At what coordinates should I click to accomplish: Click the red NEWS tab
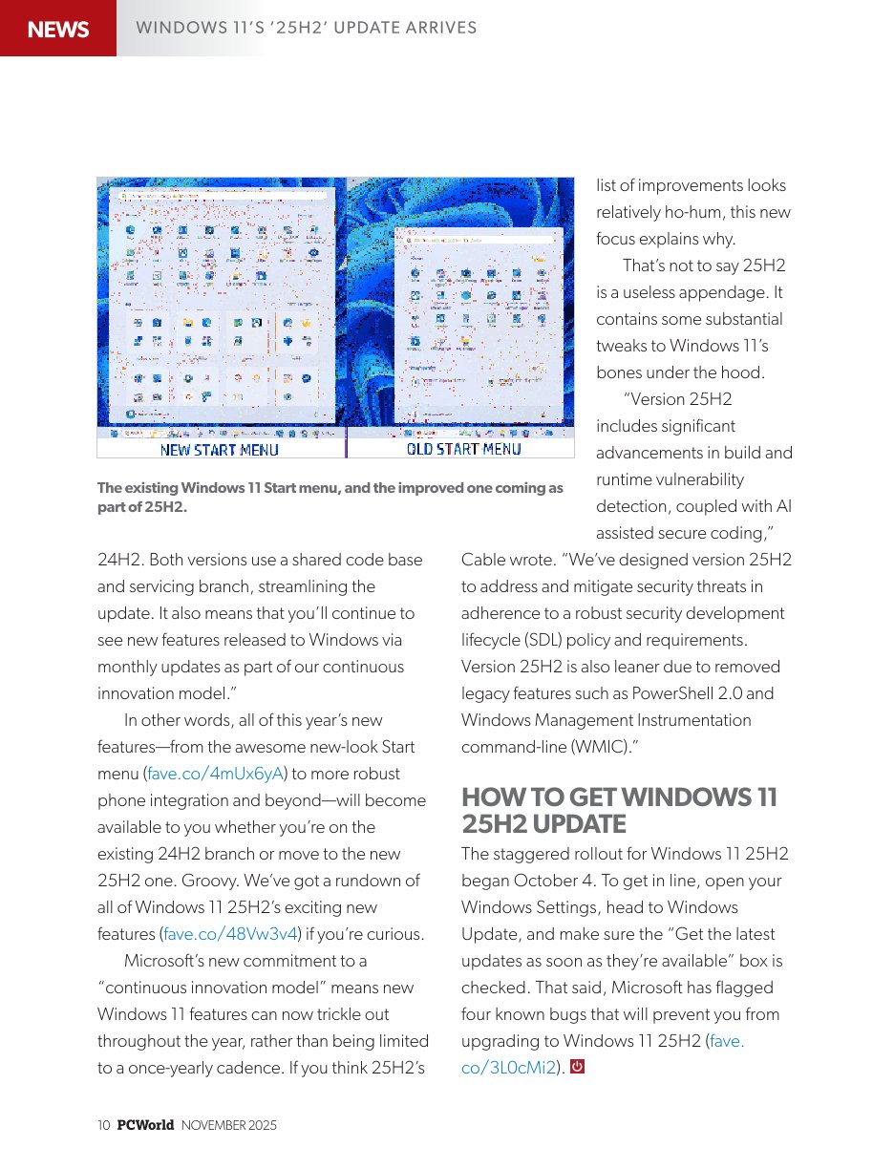pos(58,30)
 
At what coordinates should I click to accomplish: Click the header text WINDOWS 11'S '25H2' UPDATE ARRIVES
pos(306,28)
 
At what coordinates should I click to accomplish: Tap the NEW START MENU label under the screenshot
pos(220,450)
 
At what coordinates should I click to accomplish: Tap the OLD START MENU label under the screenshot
pos(464,449)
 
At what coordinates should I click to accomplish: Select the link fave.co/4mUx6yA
pos(216,774)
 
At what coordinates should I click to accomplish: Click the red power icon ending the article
pos(576,1067)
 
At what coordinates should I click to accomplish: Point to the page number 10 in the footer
pos(104,1126)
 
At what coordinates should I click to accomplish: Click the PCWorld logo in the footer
pos(145,1126)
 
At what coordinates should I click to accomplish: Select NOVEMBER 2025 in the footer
pos(228,1126)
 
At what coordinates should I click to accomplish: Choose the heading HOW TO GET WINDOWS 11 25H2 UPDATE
pos(619,811)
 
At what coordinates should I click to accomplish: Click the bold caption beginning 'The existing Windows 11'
pos(330,497)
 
